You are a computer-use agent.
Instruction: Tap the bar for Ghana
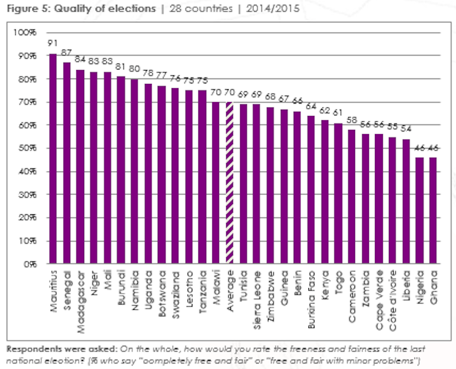point(433,211)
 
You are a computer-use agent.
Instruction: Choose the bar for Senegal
point(67,163)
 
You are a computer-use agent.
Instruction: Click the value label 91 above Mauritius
point(53,43)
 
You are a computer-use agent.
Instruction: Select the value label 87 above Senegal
point(67,52)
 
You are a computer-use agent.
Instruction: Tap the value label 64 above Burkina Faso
point(311,106)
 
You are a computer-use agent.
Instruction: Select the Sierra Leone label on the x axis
point(256,297)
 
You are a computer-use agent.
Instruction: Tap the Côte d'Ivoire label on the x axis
point(392,297)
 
